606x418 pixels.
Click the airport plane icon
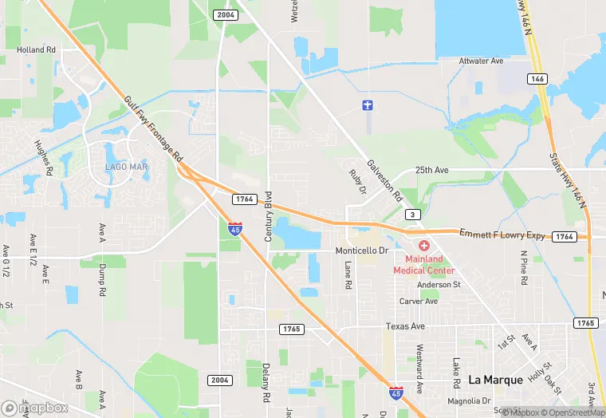[x=367, y=105]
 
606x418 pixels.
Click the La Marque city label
[x=495, y=380]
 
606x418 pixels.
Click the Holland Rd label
[x=37, y=49]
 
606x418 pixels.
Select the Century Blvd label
[x=269, y=216]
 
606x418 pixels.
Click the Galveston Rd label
[x=384, y=180]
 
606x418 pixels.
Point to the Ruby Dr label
[x=356, y=181]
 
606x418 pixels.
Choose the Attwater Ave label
[x=482, y=61]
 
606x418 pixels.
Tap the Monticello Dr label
[x=361, y=250]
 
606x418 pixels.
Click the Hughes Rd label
[x=43, y=158]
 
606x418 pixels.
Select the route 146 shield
[x=537, y=79]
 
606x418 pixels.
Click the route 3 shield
[x=412, y=215]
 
